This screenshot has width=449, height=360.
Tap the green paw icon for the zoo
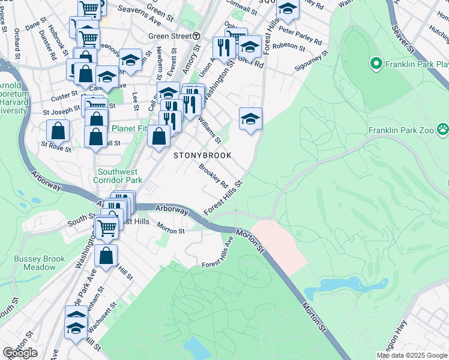point(442,128)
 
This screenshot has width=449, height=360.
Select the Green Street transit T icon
point(196,36)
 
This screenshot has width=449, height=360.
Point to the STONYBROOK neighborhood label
point(202,155)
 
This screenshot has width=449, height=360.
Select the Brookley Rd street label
point(213,176)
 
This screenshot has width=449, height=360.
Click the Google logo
point(20,353)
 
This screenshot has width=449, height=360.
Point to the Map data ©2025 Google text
point(411,355)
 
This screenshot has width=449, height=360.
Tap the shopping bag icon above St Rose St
point(58,130)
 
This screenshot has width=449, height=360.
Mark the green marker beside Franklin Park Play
point(376,63)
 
